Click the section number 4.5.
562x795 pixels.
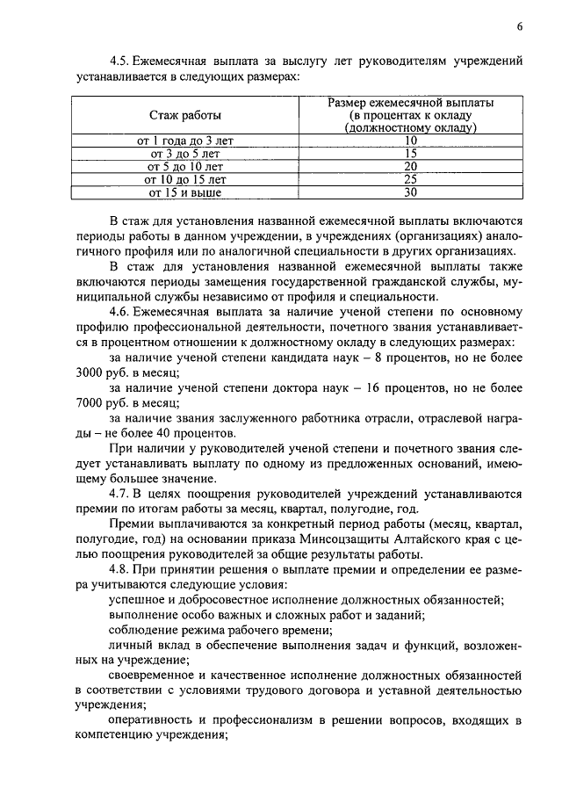point(119,61)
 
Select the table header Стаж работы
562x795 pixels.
point(185,115)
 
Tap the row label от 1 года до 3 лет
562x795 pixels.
point(185,141)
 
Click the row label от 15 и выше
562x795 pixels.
point(185,192)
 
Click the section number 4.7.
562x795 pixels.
point(119,495)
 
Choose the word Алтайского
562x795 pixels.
point(454,541)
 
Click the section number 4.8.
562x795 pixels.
point(119,572)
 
